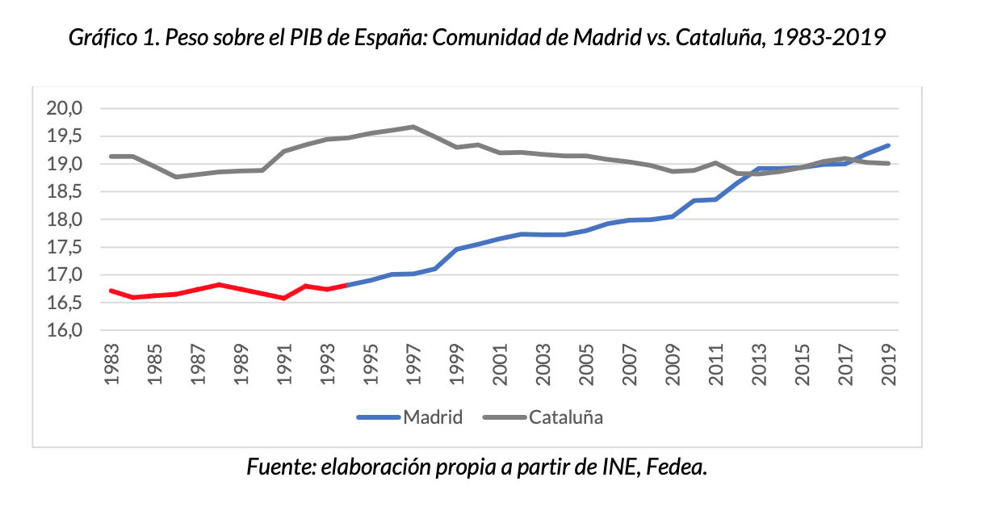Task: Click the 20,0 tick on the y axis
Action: [x=68, y=108]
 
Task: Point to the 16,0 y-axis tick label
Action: [x=68, y=331]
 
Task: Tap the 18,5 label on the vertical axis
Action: [x=68, y=191]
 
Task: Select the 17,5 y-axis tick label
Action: [x=68, y=247]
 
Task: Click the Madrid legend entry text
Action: [x=433, y=417]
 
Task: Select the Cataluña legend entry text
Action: [x=567, y=417]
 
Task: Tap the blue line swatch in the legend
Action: [x=379, y=418]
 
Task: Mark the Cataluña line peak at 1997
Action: [x=413, y=127]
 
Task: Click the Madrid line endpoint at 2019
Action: [x=889, y=145]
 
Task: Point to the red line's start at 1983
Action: [x=111, y=291]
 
